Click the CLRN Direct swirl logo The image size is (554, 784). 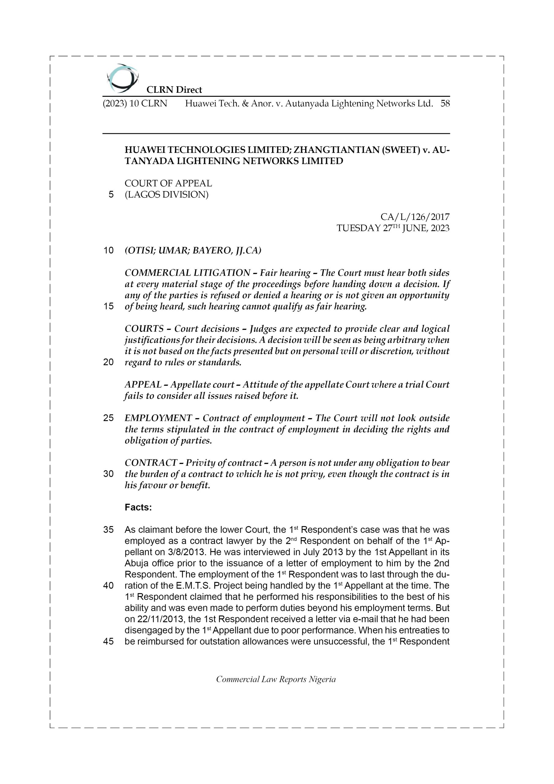[x=122, y=78]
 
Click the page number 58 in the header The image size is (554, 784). [x=445, y=104]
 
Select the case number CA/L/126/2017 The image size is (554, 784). [x=415, y=217]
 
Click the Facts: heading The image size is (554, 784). [x=138, y=507]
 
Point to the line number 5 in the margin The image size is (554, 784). [x=111, y=195]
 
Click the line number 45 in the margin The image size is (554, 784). [x=108, y=641]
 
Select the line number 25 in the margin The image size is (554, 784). [x=108, y=418]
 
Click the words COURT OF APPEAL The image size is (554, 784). [x=168, y=183]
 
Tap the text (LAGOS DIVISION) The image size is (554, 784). [x=166, y=195]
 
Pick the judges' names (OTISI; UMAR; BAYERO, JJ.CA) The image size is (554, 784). [x=193, y=251]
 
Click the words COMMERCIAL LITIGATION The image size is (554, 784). [x=187, y=273]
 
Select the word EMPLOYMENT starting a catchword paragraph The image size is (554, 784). [x=158, y=418]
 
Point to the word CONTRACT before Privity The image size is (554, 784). [x=151, y=463]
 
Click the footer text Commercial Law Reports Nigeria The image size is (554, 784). [x=276, y=686]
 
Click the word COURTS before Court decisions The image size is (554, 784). [x=144, y=329]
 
